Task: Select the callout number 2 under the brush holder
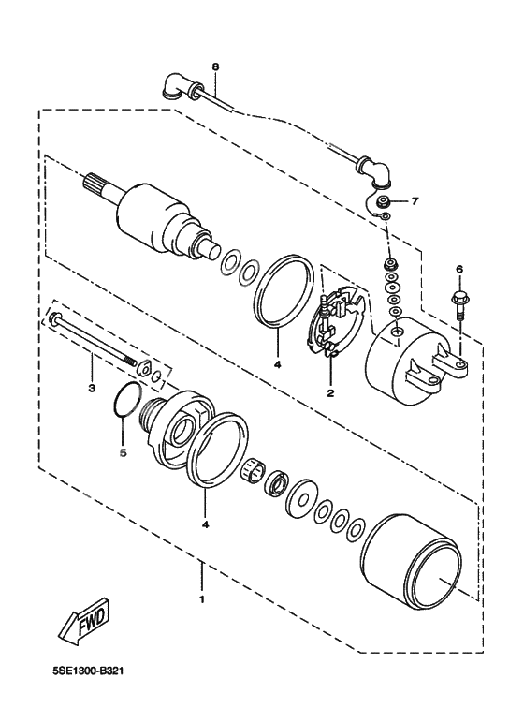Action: pos(329,393)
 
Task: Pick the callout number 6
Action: pos(458,270)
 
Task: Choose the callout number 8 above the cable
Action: pos(214,67)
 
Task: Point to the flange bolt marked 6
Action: pos(458,304)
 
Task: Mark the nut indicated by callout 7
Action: pos(384,202)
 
